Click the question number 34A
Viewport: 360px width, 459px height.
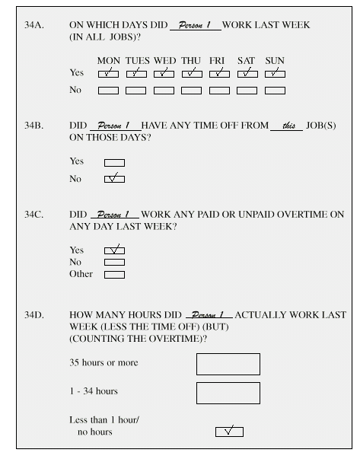pos(35,25)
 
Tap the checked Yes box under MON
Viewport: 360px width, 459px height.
pos(109,73)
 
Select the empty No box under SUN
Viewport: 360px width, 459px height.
pos(275,91)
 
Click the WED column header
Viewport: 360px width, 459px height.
pos(164,60)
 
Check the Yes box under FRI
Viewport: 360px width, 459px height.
pos(219,73)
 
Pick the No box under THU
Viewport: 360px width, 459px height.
pos(192,91)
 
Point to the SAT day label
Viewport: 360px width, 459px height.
pos(247,60)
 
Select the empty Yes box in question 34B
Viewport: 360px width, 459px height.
pos(114,161)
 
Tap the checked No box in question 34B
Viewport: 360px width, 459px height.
pos(114,179)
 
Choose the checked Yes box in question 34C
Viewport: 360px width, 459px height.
pos(114,250)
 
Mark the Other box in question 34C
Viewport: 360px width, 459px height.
pos(114,275)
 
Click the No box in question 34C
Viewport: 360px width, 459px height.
pos(114,262)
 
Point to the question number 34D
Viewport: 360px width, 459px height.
pos(35,314)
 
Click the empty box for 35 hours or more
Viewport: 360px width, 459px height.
pos(228,364)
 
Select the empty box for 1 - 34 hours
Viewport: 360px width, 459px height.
pos(228,393)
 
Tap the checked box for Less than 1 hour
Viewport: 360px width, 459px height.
pos(229,432)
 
